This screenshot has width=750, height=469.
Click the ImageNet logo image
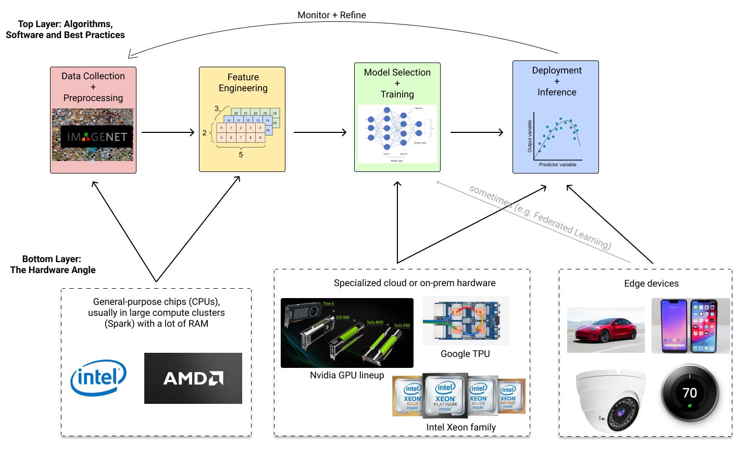click(93, 135)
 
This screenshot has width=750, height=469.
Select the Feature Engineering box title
click(243, 83)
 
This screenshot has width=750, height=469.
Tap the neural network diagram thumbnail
click(397, 134)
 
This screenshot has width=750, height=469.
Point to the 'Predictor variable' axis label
click(557, 165)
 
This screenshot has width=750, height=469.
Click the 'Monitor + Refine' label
click(331, 15)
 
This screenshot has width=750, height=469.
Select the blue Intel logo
click(98, 377)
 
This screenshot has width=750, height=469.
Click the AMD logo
click(193, 378)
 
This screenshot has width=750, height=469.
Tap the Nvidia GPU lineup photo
click(347, 333)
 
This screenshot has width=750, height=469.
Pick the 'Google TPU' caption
click(465, 354)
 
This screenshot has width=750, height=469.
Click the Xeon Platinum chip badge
click(445, 396)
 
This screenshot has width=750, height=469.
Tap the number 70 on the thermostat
click(690, 393)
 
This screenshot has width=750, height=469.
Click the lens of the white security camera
click(621, 413)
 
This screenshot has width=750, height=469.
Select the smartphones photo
click(691, 326)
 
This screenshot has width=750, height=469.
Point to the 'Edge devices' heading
click(651, 283)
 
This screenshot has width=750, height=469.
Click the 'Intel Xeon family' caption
click(461, 427)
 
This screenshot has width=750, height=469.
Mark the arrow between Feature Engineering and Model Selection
click(320, 132)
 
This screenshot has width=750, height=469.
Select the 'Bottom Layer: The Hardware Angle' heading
click(53, 264)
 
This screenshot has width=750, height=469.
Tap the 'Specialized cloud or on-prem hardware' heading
click(415, 283)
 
